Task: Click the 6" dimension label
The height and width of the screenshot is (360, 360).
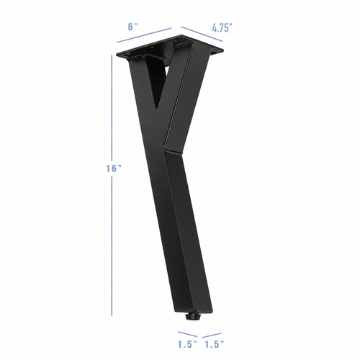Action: click(x=133, y=27)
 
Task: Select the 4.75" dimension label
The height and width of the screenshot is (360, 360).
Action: click(x=222, y=28)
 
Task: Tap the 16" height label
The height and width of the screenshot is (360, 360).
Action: click(x=113, y=168)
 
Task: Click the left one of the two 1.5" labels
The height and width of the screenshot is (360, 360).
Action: click(x=187, y=344)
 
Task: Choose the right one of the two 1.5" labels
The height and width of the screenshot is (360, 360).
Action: click(x=214, y=344)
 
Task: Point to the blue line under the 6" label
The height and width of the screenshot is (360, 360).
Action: click(x=144, y=35)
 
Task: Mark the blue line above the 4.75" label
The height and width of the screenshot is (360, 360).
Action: click(x=202, y=34)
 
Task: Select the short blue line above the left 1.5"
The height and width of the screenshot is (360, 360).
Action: click(x=188, y=334)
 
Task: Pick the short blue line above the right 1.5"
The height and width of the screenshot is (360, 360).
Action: click(x=212, y=336)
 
